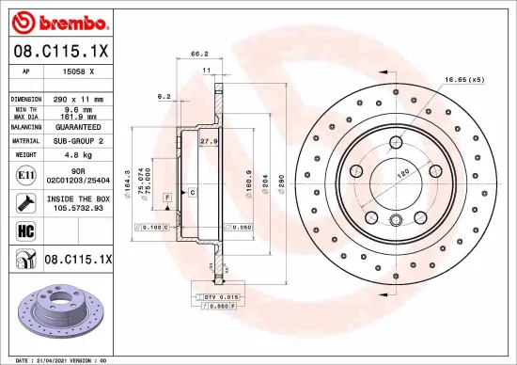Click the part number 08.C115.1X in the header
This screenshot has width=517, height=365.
pyautogui.click(x=58, y=51)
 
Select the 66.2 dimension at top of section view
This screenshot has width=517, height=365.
pyautogui.click(x=199, y=54)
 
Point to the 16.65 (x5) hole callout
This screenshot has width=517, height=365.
pyautogui.click(x=464, y=81)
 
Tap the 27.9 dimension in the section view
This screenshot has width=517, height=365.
pyautogui.click(x=210, y=142)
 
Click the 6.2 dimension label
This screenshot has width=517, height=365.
pyautogui.click(x=164, y=95)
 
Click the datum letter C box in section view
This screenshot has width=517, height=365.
pyautogui.click(x=192, y=191)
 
